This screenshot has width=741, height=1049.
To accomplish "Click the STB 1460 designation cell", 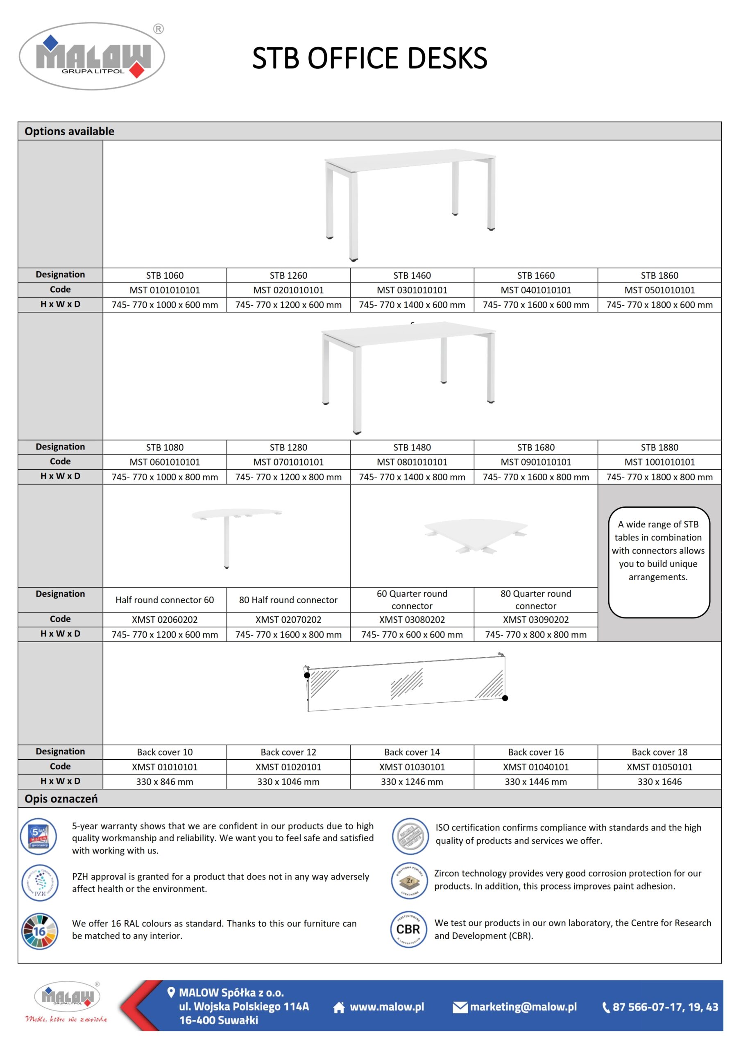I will tap(412, 275).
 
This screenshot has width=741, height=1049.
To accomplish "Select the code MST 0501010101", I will tap(659, 290).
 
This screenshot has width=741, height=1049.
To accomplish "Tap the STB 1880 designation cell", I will tap(659, 447).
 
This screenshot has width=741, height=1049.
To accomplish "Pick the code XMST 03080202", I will tap(412, 620).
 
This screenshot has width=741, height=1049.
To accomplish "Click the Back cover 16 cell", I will tap(535, 752).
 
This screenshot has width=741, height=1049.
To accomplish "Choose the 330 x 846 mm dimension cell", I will tap(165, 782).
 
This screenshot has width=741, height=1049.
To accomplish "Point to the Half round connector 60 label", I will tap(165, 600).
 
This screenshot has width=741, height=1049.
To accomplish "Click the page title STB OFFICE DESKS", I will tap(369, 58).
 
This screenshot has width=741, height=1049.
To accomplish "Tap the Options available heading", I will tap(70, 131).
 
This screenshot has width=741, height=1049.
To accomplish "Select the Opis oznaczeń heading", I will tap(61, 799).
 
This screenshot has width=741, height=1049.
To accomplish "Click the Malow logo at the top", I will tap(92, 56).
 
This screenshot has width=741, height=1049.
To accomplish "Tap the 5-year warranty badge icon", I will tap(39, 836).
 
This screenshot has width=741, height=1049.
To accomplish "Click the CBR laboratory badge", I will tap(409, 929).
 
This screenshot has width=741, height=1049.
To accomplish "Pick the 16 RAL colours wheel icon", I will tap(40, 931).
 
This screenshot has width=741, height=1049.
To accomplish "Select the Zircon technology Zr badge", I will tap(410, 881).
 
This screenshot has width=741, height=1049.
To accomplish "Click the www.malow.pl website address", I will tap(387, 1007).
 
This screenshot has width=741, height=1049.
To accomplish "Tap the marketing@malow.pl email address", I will tap(523, 1007).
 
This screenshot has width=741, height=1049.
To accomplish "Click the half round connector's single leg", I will tap(227, 544).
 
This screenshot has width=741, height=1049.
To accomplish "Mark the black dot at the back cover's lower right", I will tap(505, 698).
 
